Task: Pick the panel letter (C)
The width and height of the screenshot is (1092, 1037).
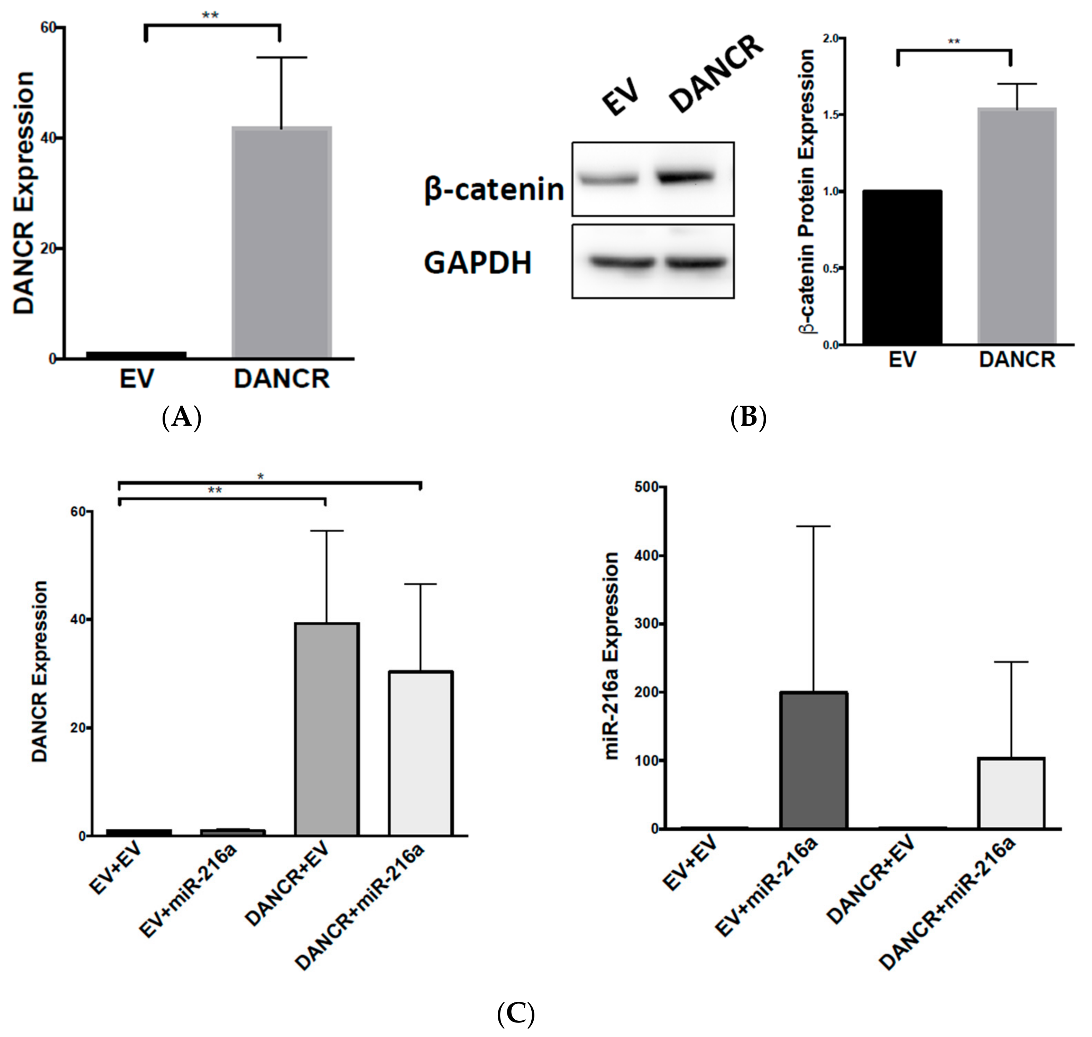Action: (515, 1014)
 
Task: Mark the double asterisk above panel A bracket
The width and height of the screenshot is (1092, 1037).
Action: (210, 15)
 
